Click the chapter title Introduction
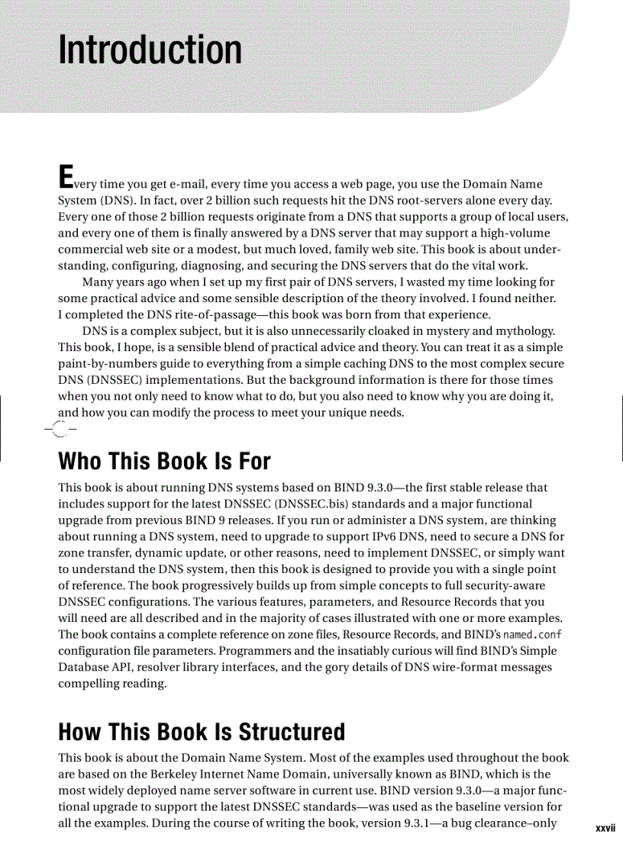pyautogui.click(x=150, y=50)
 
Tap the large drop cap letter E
pyautogui.click(x=66, y=176)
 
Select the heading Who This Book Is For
pyautogui.click(x=164, y=462)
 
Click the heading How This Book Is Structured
pyautogui.click(x=202, y=732)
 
